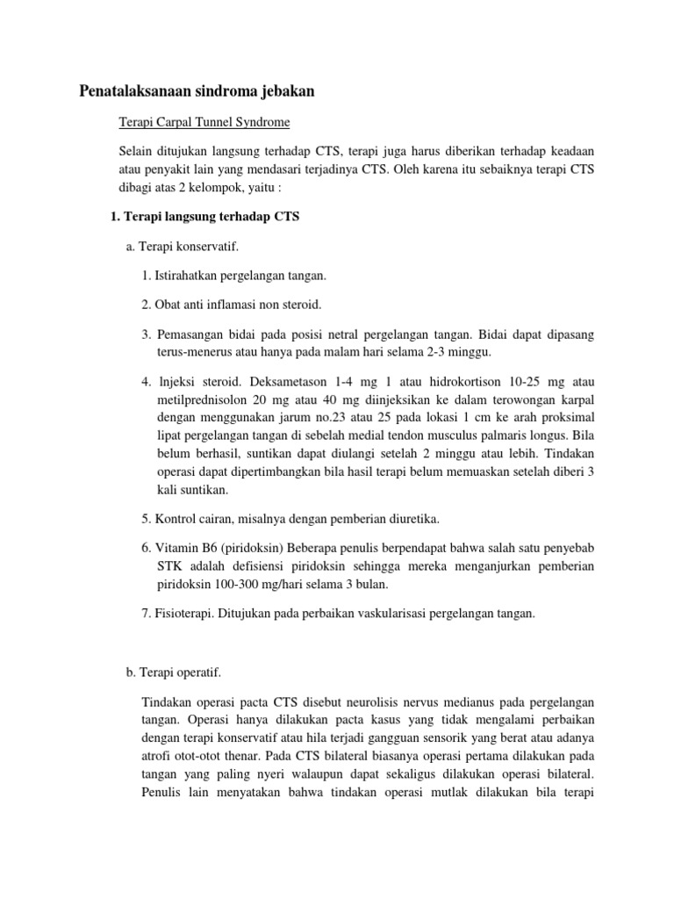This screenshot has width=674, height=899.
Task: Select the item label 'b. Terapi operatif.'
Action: pos(174,672)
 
